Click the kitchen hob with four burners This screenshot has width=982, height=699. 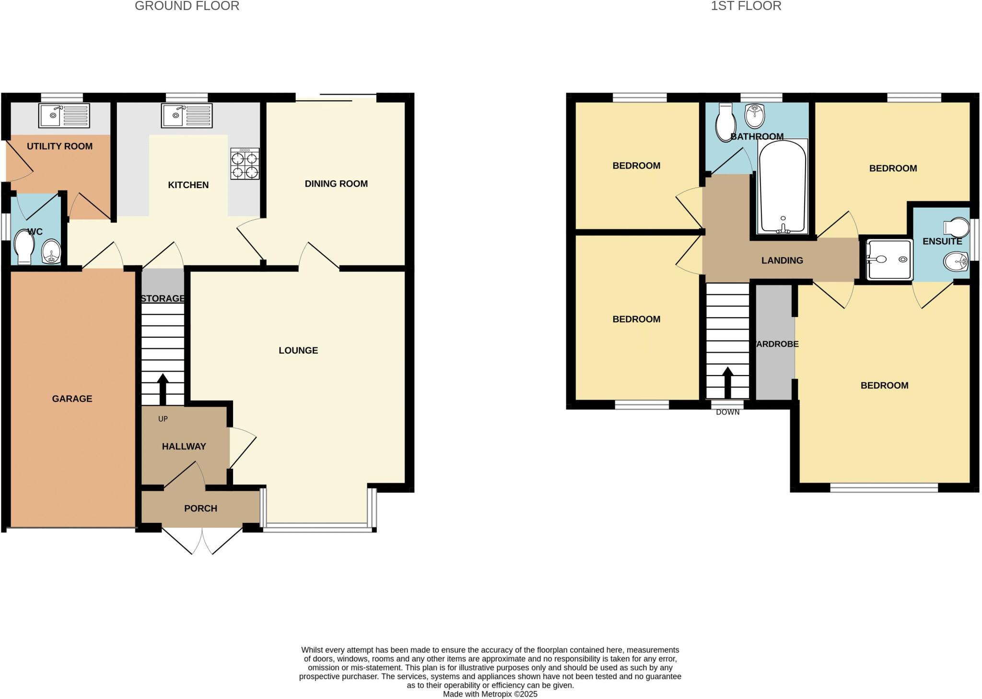point(245,164)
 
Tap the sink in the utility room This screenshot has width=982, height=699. point(64,116)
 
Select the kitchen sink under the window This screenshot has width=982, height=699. point(187,116)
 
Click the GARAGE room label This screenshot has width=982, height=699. point(72,399)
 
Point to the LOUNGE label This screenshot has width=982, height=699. point(298,351)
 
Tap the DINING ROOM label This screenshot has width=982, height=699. point(336,184)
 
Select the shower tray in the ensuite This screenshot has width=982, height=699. point(888,260)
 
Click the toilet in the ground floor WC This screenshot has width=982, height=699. point(24,247)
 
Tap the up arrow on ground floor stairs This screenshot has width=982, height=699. point(163,389)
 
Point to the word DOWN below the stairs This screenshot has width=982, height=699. point(727,412)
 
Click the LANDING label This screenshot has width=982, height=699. point(782,261)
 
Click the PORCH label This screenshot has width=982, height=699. point(200,509)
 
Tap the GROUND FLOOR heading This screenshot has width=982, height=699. point(187,6)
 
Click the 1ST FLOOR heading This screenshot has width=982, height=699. point(746,6)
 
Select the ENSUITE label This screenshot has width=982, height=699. point(942,241)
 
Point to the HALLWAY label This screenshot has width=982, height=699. point(184,447)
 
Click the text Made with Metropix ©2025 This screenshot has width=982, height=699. point(490,694)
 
